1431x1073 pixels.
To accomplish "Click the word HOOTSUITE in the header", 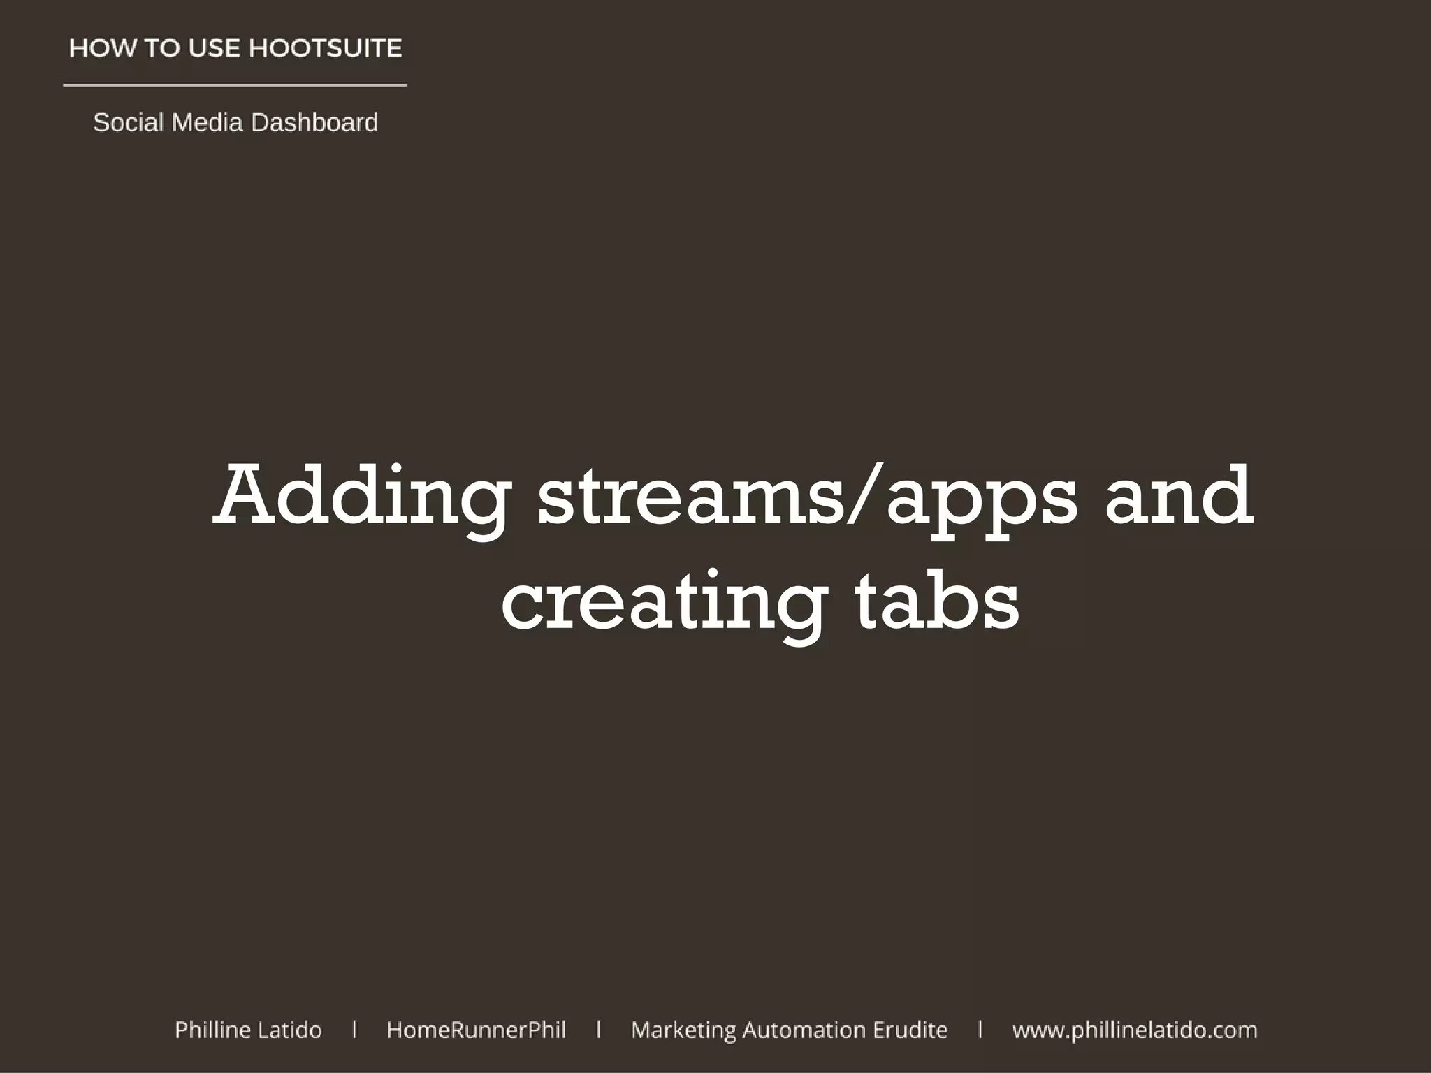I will (x=325, y=48).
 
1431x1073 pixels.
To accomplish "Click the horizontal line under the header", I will (x=235, y=85).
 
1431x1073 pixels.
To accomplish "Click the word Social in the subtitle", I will (x=128, y=123).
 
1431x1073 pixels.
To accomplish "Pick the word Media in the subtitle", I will (x=207, y=123).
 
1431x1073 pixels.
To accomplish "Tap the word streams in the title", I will (x=692, y=497).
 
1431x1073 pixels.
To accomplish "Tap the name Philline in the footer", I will (x=212, y=1030).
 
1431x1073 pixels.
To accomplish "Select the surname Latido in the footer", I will (x=290, y=1030).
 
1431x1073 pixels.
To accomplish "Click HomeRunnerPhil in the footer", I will (x=476, y=1030).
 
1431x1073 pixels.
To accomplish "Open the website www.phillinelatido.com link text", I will (x=1134, y=1030).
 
